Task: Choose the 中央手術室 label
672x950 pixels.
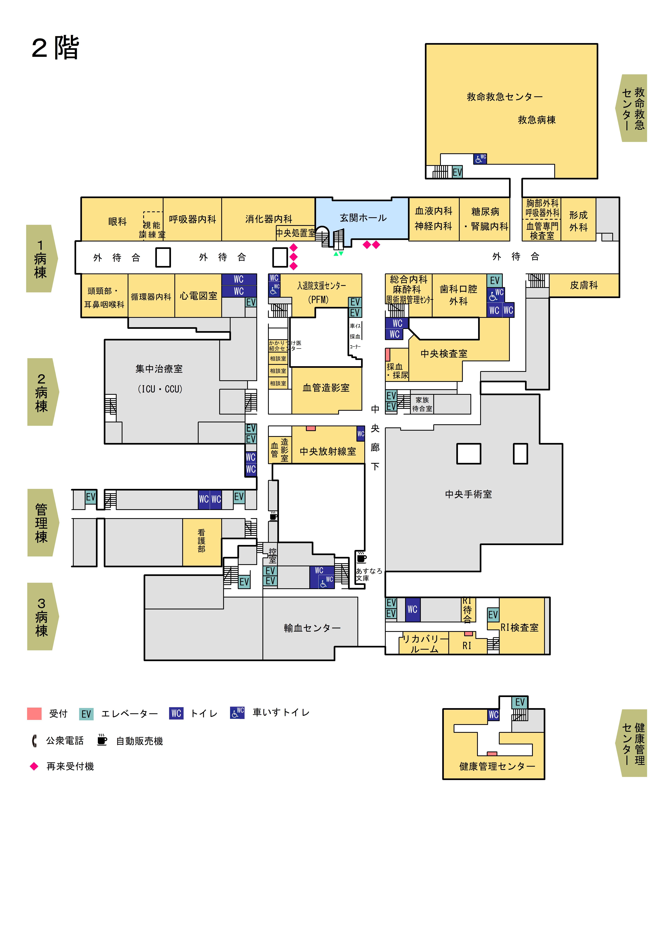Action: (468, 494)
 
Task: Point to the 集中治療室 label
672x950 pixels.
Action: (159, 369)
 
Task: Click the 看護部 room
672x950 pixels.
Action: (202, 541)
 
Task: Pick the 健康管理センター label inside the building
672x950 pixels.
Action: (497, 766)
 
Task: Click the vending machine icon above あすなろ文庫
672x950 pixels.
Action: (361, 558)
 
